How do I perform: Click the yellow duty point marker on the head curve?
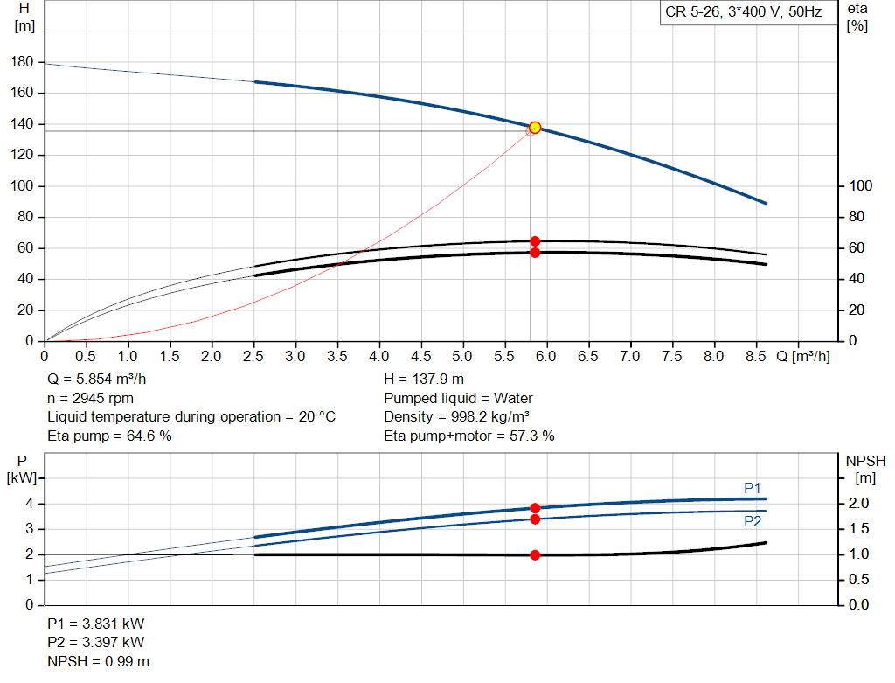click(x=535, y=128)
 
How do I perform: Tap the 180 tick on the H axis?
click(x=23, y=62)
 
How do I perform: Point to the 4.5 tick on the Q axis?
click(x=421, y=357)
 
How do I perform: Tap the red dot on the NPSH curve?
click(x=535, y=554)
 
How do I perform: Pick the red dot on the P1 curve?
click(x=535, y=508)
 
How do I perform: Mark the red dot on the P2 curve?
click(x=535, y=519)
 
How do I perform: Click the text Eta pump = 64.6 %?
click(x=109, y=436)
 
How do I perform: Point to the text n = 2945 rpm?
click(x=90, y=398)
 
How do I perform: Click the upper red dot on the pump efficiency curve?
click(x=535, y=241)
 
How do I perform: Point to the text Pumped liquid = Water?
click(x=458, y=398)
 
